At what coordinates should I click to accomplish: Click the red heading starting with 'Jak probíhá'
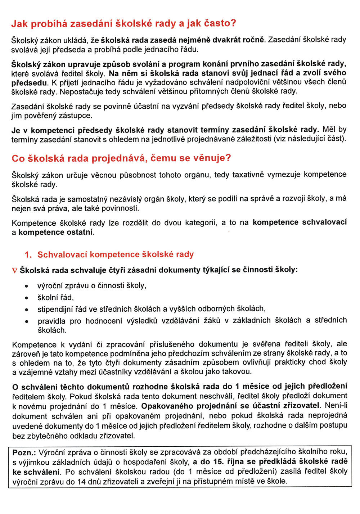(123, 24)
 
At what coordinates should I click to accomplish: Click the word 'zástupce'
(77, 116)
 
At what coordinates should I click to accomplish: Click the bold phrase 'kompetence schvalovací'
(300, 222)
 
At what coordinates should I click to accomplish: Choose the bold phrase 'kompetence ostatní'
(56, 232)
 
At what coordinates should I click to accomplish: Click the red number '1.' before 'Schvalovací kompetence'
(28, 255)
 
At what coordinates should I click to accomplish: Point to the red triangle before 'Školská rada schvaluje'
(15, 270)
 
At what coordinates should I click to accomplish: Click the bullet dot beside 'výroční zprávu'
(26, 287)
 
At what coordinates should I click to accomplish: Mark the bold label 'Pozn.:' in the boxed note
(24, 452)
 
